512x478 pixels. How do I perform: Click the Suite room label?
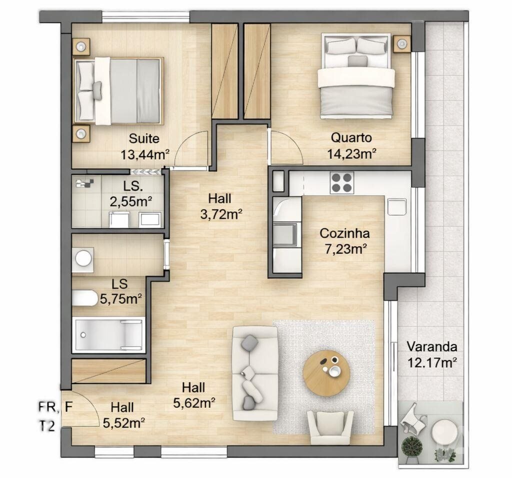[x=144, y=138]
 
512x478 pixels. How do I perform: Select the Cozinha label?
[x=344, y=233]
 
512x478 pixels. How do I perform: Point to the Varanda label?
[x=431, y=347]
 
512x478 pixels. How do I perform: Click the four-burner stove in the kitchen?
[x=341, y=183]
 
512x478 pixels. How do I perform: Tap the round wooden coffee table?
[x=326, y=373]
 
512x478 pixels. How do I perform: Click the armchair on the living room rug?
[x=330, y=427]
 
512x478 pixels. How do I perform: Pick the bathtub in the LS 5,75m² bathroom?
[x=108, y=335]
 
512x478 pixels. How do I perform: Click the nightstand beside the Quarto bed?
[x=402, y=43]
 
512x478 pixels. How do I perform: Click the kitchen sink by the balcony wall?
[x=396, y=207]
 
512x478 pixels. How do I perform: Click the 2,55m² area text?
[x=130, y=202]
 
